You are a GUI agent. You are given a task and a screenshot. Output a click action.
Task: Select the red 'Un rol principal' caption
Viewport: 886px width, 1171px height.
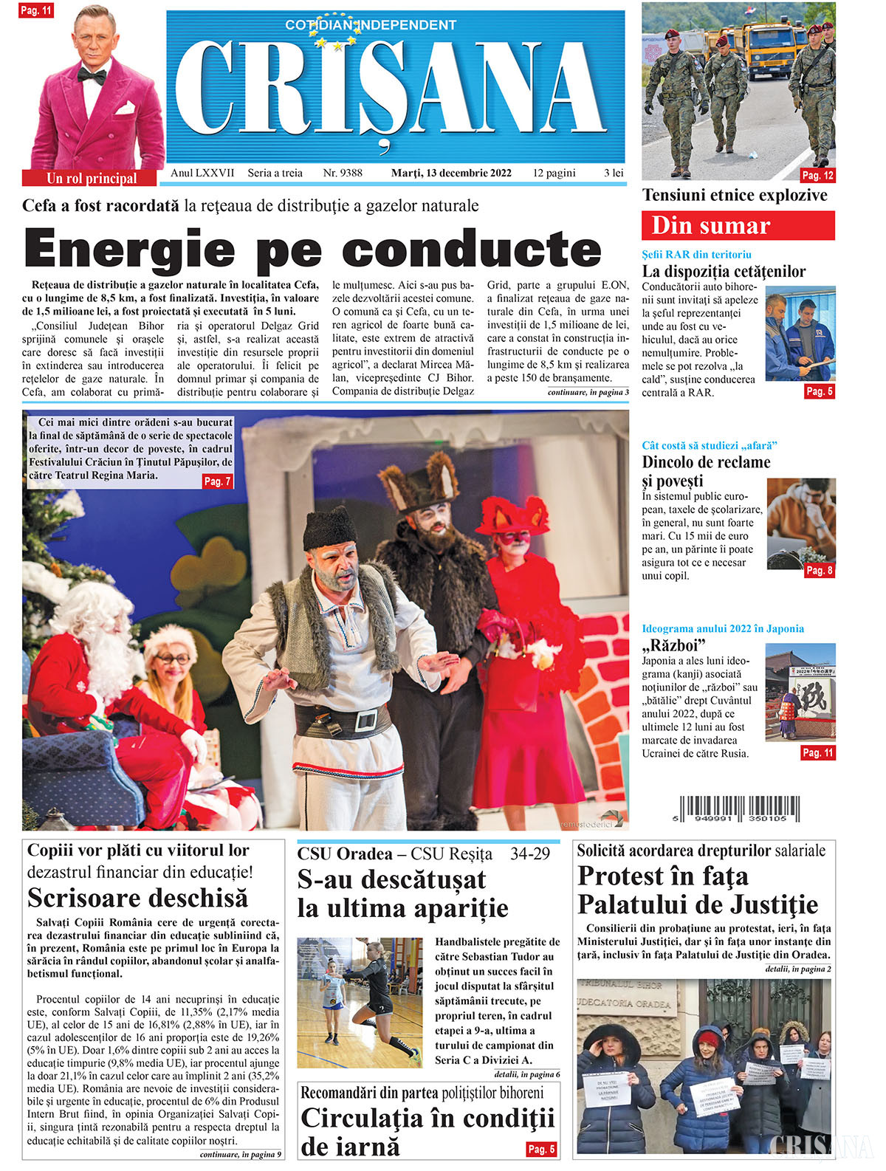(91, 178)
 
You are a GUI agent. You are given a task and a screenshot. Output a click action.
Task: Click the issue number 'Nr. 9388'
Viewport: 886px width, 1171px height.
(343, 173)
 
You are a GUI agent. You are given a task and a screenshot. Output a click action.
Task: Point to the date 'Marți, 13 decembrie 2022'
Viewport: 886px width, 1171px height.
(451, 173)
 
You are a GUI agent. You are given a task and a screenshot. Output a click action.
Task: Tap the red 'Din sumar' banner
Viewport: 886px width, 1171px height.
(738, 225)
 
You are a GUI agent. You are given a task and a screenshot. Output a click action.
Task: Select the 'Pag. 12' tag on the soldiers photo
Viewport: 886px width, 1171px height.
(817, 175)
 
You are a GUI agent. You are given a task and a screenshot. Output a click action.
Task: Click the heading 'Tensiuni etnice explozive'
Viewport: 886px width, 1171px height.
(735, 196)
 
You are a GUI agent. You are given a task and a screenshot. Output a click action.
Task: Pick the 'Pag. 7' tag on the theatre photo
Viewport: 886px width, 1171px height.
(217, 481)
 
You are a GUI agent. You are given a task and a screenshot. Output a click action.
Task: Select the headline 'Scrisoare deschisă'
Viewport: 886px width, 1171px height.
(137, 898)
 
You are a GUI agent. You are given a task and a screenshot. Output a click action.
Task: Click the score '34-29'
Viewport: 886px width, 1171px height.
(529, 854)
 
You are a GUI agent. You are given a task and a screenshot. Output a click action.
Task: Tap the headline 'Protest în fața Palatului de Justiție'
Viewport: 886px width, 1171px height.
(697, 890)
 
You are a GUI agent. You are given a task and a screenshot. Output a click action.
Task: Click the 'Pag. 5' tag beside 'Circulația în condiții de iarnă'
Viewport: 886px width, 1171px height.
(540, 1149)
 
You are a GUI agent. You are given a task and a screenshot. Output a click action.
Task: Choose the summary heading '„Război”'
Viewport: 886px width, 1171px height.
(673, 645)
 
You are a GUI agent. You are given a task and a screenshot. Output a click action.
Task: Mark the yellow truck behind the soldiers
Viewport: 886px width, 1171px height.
(768, 48)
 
